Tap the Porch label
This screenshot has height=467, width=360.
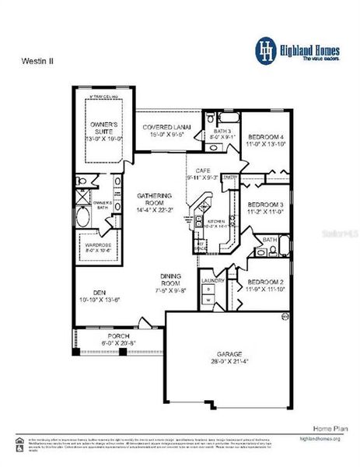point(118,336)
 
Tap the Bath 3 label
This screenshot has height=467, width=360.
point(222,132)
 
